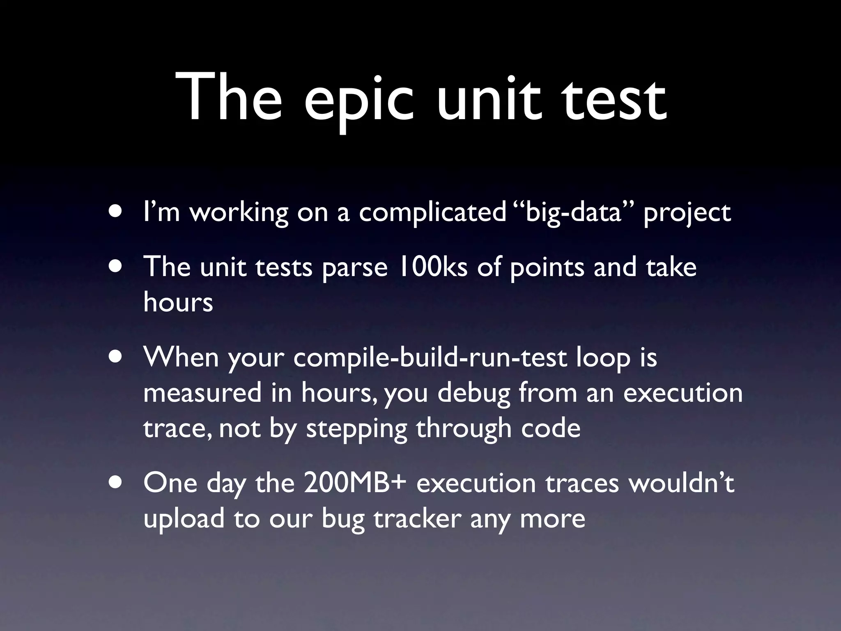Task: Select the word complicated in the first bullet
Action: click(x=432, y=212)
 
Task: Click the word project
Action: click(x=687, y=212)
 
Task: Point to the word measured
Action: click(x=202, y=393)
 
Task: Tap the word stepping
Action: click(x=356, y=429)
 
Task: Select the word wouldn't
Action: click(x=681, y=483)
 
